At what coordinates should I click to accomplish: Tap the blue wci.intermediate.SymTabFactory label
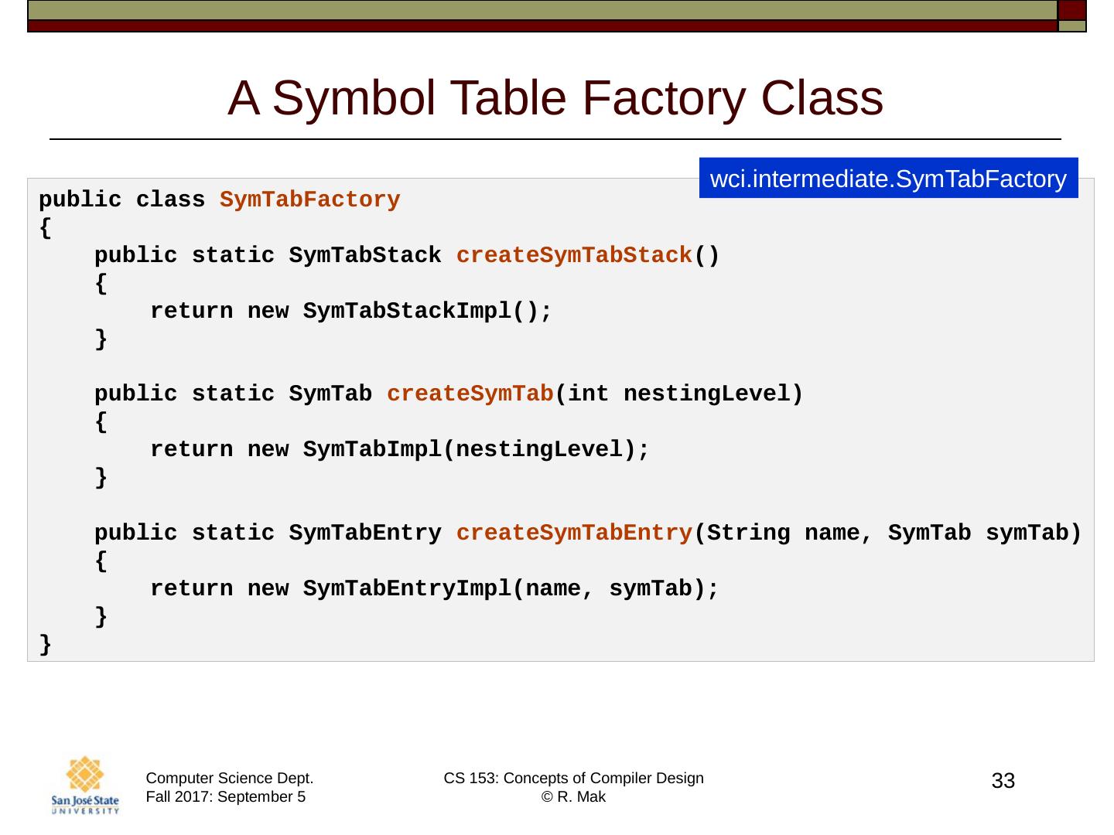point(888,179)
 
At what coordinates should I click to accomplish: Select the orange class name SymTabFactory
point(309,200)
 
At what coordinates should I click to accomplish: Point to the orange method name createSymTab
point(470,394)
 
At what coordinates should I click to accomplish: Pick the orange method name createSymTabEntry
point(574,533)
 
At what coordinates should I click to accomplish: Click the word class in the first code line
point(170,200)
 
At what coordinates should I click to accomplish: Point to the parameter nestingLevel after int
point(705,394)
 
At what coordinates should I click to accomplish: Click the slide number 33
point(1003,782)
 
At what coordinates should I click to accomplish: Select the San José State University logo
point(85,786)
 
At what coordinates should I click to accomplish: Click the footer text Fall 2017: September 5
point(225,797)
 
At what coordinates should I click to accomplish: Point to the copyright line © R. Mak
point(573,797)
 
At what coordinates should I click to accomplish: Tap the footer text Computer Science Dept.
point(230,779)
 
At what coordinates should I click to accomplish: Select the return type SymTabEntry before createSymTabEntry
point(365,533)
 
